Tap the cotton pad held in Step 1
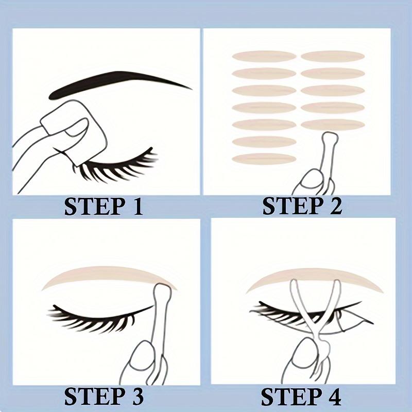pos(75,131)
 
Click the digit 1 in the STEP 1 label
pos(136,207)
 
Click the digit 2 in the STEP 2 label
pos(334,207)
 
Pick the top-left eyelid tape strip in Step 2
pos(264,56)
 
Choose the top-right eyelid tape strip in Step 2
pos(333,56)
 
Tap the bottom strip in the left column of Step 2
pos(264,159)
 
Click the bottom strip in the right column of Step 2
pos(333,125)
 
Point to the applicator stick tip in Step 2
pos(330,137)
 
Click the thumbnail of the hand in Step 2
pos(312,180)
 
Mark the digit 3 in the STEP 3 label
pos(136,397)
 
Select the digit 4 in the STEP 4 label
pos(333,397)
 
